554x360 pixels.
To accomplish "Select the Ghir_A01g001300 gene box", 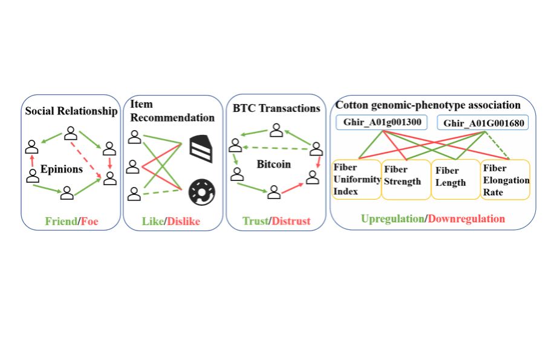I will coord(379,123).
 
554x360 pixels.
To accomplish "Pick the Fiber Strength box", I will coord(405,179).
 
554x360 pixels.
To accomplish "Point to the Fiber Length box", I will coord(454,178).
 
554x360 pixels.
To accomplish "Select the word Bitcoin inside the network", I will coord(273,164).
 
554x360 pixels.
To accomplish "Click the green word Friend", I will coord(62,221).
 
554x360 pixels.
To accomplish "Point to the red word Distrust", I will coord(292,221).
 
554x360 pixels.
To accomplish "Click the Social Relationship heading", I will coord(71,111).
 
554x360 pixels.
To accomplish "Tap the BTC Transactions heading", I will coord(276,109).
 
